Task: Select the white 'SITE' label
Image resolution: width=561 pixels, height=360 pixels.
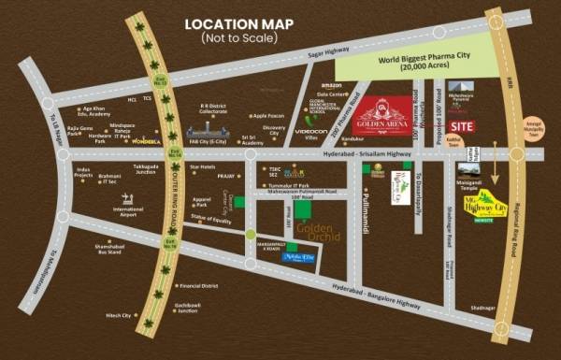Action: click(x=461, y=124)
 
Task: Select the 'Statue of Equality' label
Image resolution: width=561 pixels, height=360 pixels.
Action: click(x=210, y=217)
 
